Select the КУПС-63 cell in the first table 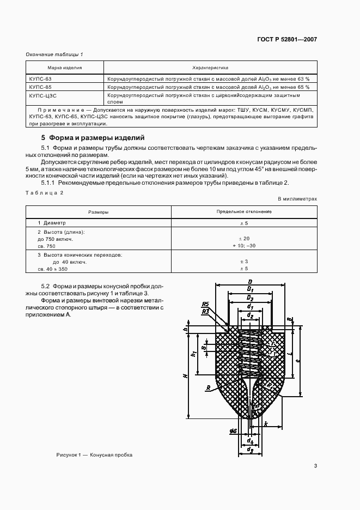pos(40,78)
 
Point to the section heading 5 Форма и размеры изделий pos(89,137)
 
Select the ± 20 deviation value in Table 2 pos(244,239)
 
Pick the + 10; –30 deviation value pos(244,246)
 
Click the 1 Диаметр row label pos(51,223)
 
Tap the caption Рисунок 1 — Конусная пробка pos(94,455)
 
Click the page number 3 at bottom pos(315,465)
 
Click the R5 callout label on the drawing pos(205,304)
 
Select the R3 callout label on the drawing pos(205,312)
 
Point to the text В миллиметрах pos(297,199)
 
